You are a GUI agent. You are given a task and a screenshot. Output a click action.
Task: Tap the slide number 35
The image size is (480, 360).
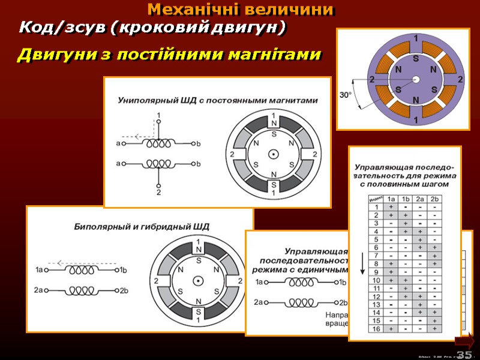464,354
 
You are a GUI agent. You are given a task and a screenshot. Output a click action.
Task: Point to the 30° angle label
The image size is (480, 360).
346,94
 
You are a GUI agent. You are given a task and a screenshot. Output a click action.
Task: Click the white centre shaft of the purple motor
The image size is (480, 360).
416,79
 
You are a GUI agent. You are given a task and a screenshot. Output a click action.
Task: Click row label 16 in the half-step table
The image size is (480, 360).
376,328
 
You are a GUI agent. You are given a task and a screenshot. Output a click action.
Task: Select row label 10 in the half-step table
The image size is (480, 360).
376,280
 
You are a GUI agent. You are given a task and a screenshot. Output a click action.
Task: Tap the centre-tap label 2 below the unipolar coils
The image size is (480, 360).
158,193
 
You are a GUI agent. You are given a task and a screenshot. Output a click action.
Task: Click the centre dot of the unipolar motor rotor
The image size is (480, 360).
273,154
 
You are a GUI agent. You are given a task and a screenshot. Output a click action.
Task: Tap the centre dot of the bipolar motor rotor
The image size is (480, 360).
197,281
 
